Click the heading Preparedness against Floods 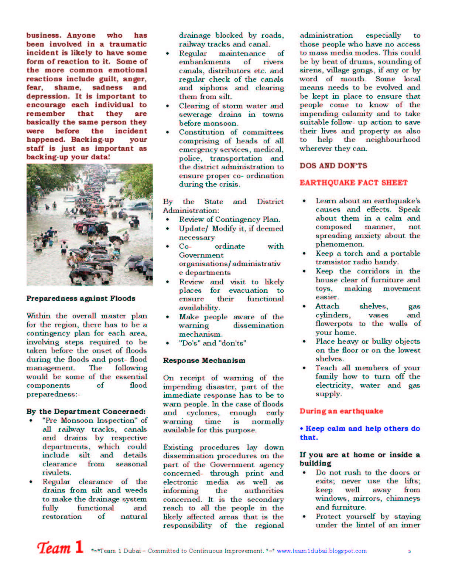(x=81, y=298)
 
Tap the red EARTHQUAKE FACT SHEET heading (x=353, y=183)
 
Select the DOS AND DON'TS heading (x=333, y=166)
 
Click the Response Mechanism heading (x=204, y=360)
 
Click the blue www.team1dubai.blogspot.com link (x=321, y=551)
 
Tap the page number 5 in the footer (x=409, y=551)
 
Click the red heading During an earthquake (x=341, y=411)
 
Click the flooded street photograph (x=89, y=224)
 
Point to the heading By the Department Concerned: (x=86, y=411)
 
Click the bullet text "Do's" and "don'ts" (x=212, y=343)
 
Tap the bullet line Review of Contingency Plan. (x=229, y=219)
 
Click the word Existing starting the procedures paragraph (x=178, y=447)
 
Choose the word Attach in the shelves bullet (x=327, y=306)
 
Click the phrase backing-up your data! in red (x=68, y=157)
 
